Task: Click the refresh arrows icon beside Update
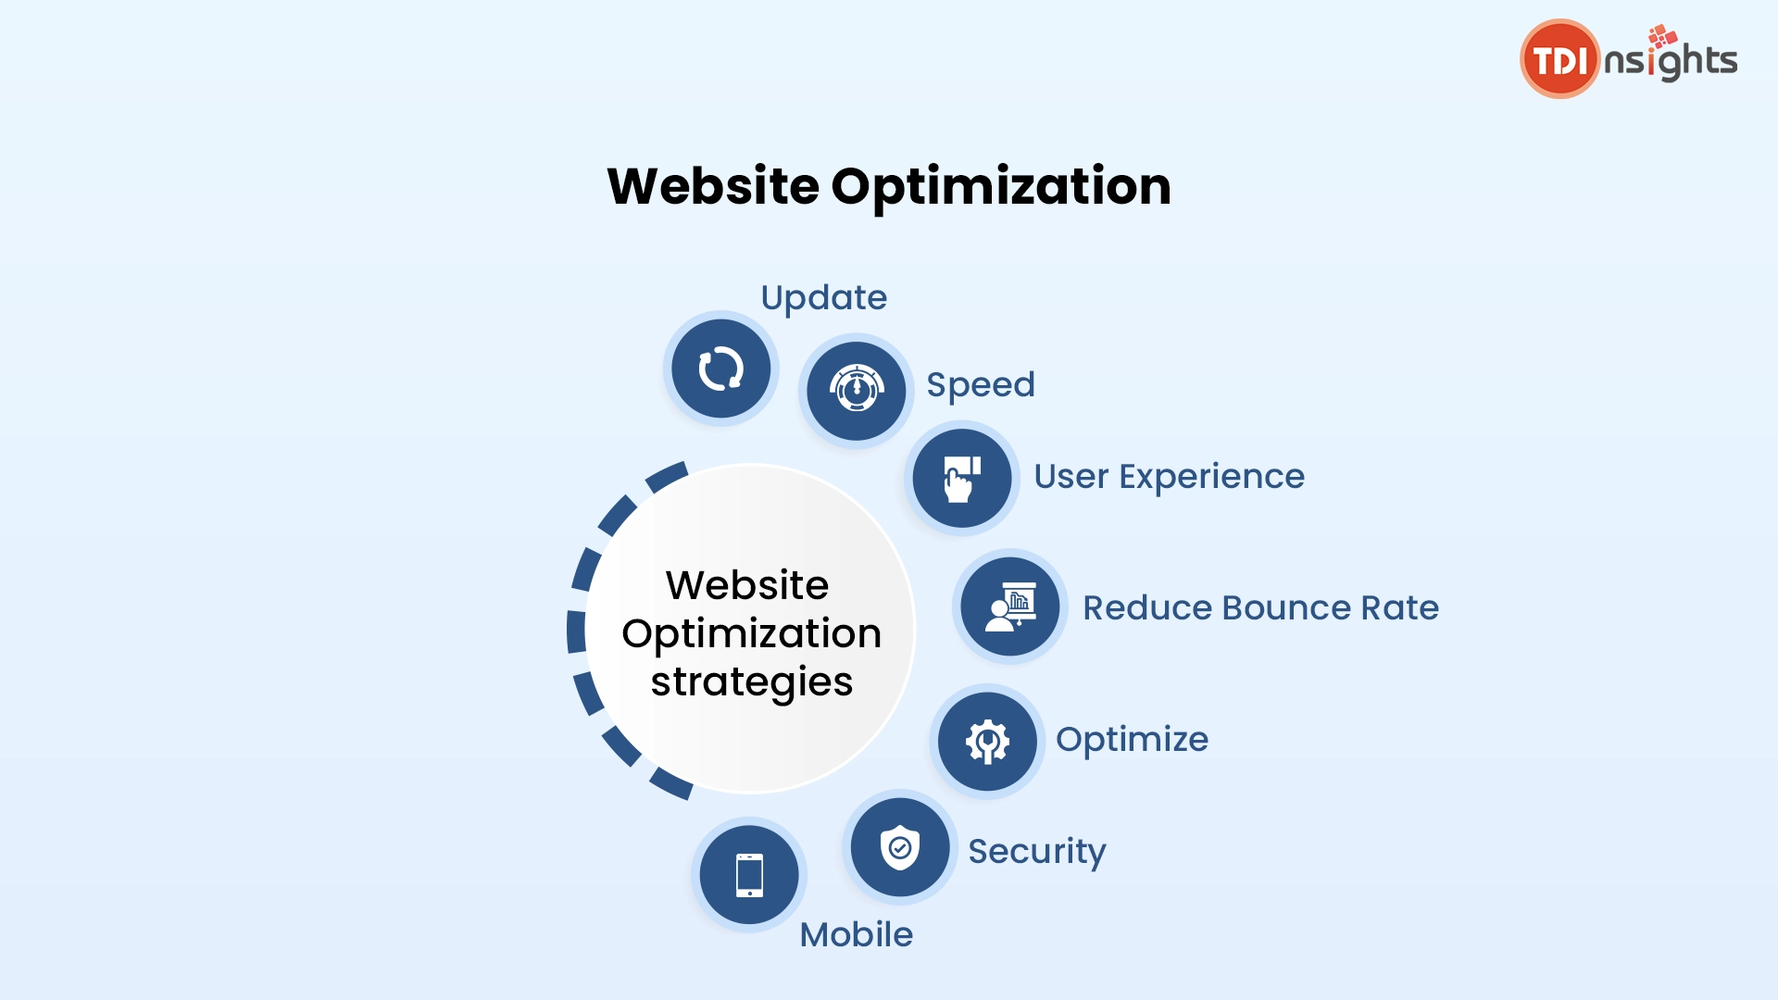(720, 369)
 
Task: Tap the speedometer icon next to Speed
(857, 389)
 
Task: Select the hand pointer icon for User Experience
(961, 479)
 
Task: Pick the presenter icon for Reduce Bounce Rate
(1010, 607)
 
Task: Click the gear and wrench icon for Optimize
(987, 742)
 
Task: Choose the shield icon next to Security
(899, 847)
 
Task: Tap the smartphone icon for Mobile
(749, 875)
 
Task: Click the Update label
(824, 298)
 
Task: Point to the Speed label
(981, 385)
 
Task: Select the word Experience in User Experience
(1212, 477)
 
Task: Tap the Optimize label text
(1132, 740)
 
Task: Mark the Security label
(1037, 852)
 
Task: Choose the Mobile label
(857, 935)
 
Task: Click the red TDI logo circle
(1560, 59)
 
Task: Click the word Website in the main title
(713, 186)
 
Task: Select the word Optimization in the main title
(1001, 188)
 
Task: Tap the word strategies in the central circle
(752, 683)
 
